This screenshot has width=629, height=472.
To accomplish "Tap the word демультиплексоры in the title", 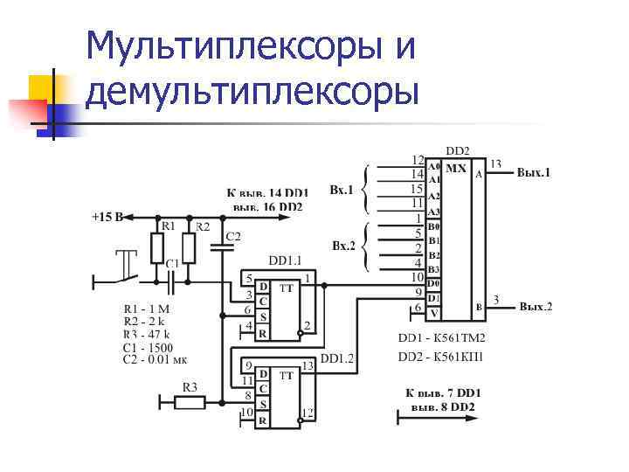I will [253, 90].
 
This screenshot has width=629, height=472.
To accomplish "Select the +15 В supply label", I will [108, 215].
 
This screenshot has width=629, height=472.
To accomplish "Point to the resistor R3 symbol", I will [190, 402].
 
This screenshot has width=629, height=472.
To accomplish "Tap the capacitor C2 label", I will [233, 236].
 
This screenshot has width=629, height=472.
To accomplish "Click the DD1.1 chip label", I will [286, 260].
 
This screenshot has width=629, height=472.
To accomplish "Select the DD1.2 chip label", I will [337, 358].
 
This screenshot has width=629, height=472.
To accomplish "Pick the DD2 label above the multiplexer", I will [458, 150].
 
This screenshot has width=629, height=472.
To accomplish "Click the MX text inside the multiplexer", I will [455, 168].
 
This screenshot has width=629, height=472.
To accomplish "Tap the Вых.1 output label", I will [534, 173].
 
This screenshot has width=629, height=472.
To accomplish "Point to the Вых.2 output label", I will [535, 307].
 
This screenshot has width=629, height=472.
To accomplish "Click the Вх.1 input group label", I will [342, 189].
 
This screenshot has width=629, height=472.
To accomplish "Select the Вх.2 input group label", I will [342, 245].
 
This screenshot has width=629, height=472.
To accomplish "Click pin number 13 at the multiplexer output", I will [495, 163].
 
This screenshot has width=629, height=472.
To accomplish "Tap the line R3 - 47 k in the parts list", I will [147, 334].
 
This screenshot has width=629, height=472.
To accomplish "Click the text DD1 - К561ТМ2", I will [441, 337].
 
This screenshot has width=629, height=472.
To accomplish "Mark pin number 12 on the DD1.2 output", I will [307, 412].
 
